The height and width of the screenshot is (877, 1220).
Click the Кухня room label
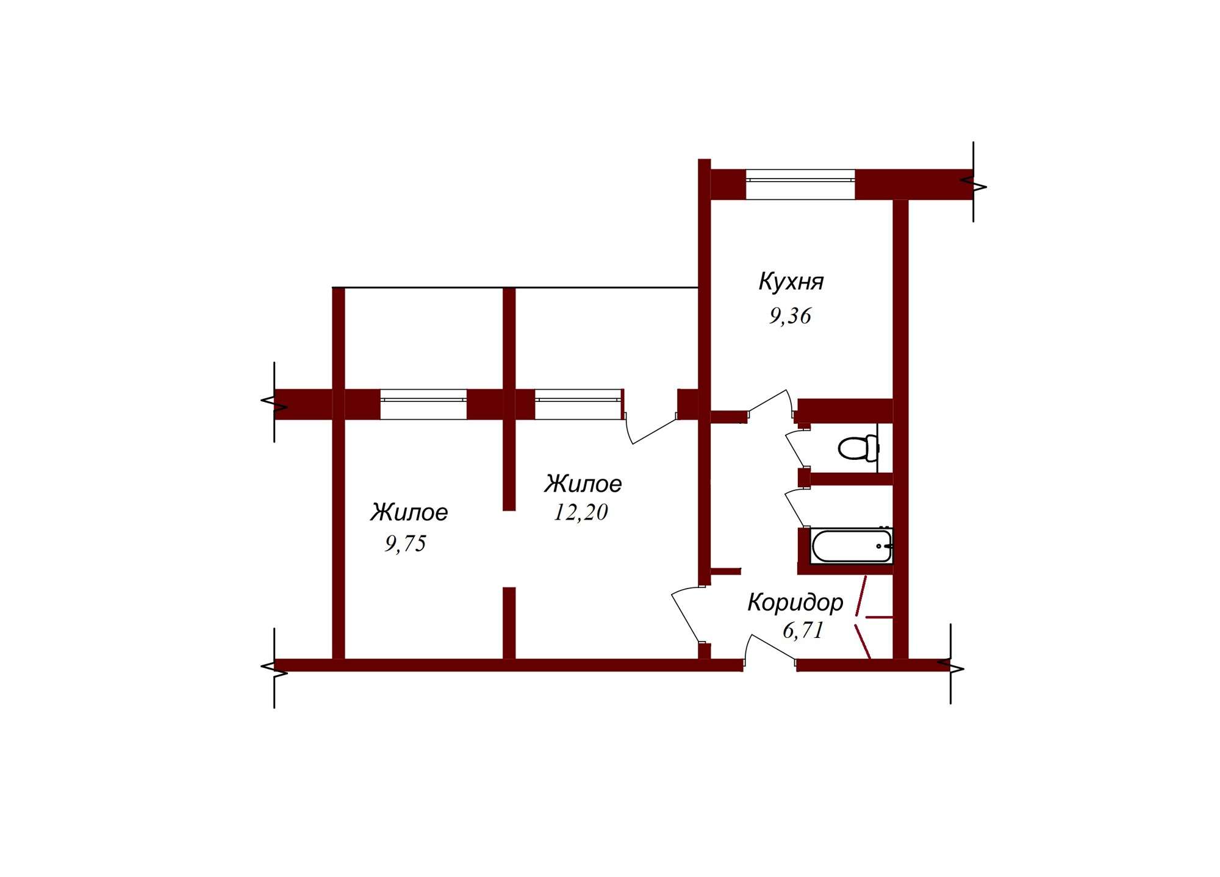(791, 282)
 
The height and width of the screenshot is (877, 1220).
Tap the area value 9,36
(790, 316)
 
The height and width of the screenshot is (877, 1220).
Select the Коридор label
(795, 603)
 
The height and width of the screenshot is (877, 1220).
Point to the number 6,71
(803, 630)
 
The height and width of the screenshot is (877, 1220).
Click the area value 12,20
(581, 512)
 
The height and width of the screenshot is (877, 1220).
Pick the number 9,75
(406, 543)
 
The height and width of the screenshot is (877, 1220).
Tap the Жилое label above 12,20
(583, 484)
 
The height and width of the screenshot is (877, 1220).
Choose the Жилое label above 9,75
(409, 512)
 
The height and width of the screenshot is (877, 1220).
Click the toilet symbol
(858, 448)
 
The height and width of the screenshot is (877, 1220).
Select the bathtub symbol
(852, 546)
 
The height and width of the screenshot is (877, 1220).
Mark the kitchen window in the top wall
(800, 184)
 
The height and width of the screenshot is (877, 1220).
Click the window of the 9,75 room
(423, 404)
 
